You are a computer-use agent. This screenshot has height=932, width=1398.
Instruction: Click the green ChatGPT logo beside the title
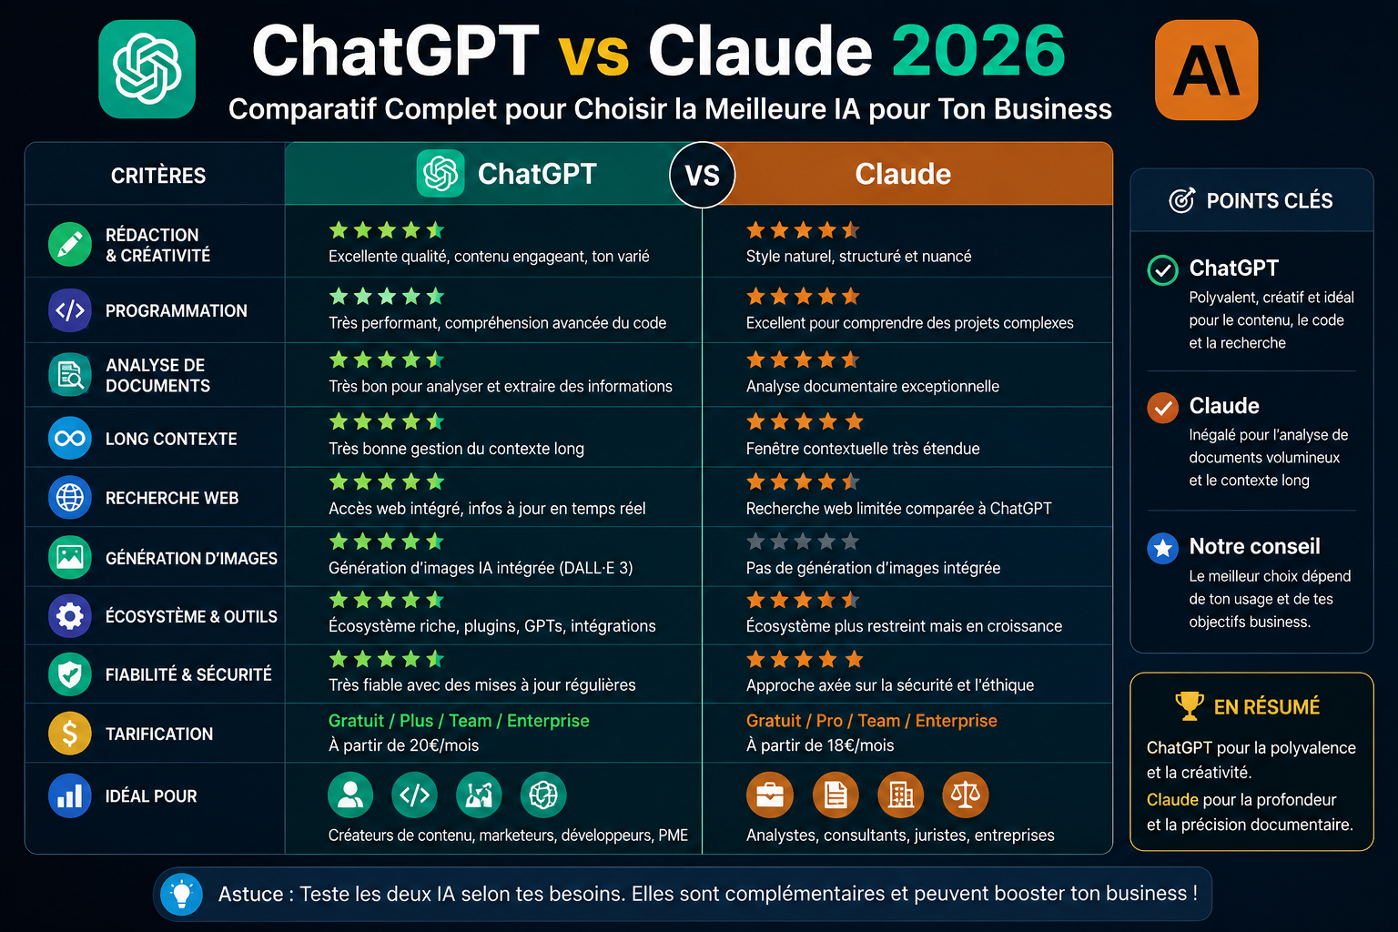(147, 69)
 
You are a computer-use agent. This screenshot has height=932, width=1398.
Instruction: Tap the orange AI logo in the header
(1206, 70)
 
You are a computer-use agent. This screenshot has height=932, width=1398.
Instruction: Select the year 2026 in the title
(978, 51)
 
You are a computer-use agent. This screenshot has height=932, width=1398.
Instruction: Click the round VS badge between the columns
(702, 176)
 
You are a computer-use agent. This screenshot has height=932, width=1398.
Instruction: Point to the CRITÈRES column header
(158, 176)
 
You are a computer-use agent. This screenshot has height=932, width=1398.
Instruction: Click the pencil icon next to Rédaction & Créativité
(70, 244)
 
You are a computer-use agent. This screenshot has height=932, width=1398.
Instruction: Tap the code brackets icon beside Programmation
(70, 309)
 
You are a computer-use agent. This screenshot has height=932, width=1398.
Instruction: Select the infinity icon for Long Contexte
(70, 438)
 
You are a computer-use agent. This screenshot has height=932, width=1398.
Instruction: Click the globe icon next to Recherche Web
(70, 498)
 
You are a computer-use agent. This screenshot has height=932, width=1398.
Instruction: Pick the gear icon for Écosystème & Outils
(70, 616)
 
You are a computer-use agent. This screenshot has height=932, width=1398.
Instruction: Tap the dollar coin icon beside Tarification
(70, 734)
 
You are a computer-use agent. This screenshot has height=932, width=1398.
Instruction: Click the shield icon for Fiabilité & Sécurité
(70, 674)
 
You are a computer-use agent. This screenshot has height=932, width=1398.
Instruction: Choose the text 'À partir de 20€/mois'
(404, 745)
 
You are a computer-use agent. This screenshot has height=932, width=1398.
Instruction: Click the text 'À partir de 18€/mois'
(820, 745)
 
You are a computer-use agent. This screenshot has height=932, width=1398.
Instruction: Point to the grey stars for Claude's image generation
(804, 542)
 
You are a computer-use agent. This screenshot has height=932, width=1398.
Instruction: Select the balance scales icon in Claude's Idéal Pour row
(966, 795)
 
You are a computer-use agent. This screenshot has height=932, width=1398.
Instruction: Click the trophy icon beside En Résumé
(1190, 706)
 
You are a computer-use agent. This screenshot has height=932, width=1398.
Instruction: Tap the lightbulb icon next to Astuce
(182, 894)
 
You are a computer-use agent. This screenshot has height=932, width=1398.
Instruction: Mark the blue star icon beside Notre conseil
(1162, 548)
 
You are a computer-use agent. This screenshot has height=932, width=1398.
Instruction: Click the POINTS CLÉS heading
(1270, 201)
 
